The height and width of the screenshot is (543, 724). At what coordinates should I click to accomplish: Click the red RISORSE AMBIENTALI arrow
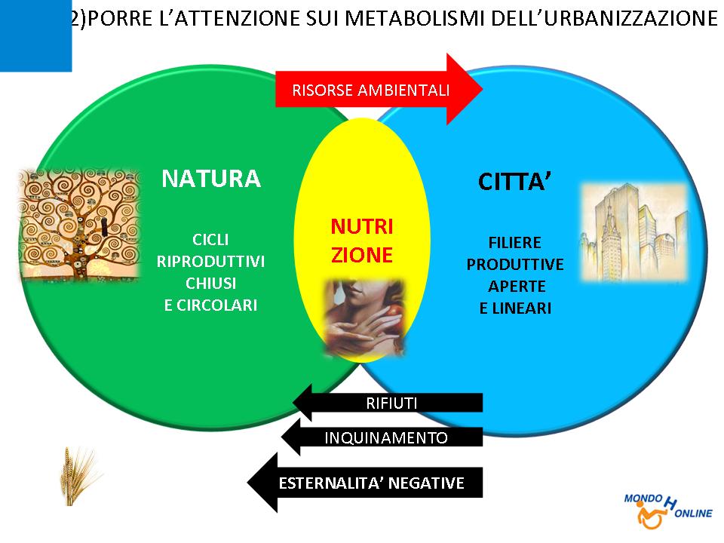click(x=379, y=89)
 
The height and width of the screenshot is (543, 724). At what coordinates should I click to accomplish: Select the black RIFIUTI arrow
click(x=388, y=403)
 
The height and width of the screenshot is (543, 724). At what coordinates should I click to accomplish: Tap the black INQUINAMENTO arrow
click(x=382, y=437)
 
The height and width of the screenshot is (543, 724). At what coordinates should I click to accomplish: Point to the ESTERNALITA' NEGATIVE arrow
click(x=365, y=483)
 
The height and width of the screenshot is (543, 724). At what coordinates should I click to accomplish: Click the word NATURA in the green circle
click(x=211, y=179)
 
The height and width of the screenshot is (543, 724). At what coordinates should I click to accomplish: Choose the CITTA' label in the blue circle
click(x=514, y=182)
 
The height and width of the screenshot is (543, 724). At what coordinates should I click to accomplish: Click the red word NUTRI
click(x=362, y=227)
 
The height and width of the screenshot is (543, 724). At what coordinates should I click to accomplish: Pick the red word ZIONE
click(x=362, y=255)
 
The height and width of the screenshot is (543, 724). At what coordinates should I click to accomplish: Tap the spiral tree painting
click(x=79, y=225)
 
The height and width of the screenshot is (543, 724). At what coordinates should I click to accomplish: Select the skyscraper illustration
click(x=634, y=232)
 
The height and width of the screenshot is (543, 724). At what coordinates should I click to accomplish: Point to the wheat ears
click(x=78, y=476)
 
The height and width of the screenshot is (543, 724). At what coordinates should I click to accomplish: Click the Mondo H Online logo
click(x=667, y=511)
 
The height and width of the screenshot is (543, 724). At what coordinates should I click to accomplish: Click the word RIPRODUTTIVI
click(x=210, y=262)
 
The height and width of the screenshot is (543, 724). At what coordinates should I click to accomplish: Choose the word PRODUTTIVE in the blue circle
click(x=515, y=265)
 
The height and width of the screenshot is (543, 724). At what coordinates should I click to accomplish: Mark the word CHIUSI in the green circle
click(x=210, y=283)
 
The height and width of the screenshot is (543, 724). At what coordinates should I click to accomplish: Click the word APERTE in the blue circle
click(x=517, y=287)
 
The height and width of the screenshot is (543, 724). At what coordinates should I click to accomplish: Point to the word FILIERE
click(x=515, y=242)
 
